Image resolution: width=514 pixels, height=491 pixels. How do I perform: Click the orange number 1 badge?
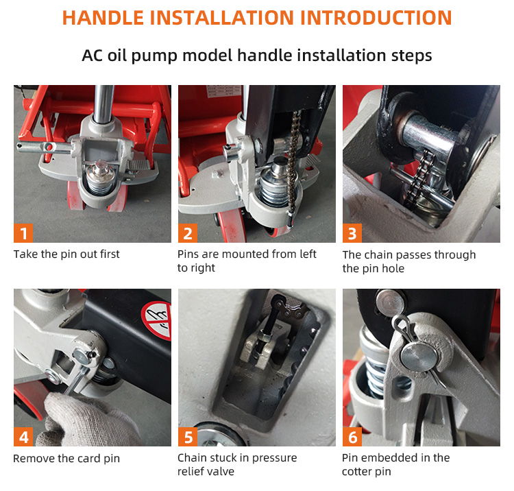point(23,233)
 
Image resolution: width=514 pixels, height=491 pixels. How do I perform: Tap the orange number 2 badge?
point(188,233)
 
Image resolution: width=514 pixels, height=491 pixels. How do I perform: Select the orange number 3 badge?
point(352,233)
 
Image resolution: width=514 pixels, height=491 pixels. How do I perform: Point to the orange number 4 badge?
point(23,437)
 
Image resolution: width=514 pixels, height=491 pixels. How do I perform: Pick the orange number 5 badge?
point(188,437)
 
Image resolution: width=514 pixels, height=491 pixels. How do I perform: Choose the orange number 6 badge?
point(352,437)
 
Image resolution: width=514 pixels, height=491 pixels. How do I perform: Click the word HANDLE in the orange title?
point(103,18)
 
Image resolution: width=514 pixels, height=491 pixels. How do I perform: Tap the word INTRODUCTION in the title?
point(376,18)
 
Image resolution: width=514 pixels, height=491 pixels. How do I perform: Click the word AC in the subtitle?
point(93,56)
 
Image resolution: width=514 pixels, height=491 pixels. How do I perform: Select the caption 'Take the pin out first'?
point(66,254)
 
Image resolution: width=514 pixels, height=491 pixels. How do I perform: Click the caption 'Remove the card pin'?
point(66,458)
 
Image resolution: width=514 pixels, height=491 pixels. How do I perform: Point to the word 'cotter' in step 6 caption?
point(356,472)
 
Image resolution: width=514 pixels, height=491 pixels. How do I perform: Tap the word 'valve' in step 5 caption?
point(222,472)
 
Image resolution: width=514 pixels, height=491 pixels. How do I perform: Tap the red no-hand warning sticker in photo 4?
point(158,320)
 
